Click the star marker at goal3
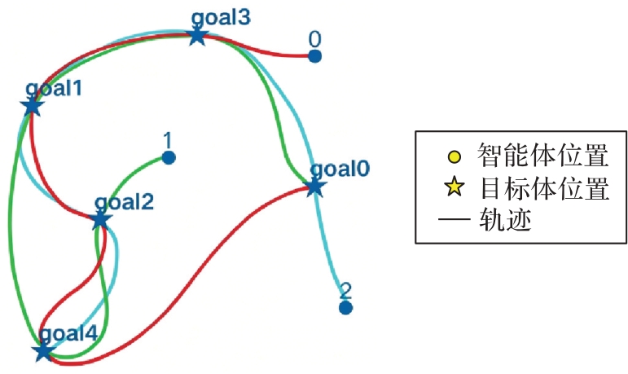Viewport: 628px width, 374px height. (x=197, y=36)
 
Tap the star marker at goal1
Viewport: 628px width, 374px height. (x=32, y=106)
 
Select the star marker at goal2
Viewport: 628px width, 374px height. (x=99, y=220)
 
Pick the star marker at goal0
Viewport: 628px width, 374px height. (x=314, y=187)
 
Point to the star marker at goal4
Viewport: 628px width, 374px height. (x=43, y=350)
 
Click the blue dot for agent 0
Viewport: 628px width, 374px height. (x=314, y=56)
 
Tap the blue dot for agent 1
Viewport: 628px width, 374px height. (x=169, y=157)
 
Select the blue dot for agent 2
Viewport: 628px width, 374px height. (x=345, y=308)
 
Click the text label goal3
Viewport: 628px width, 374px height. (x=221, y=18)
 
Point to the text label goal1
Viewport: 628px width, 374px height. (x=54, y=88)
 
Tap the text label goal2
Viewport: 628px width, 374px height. (x=124, y=202)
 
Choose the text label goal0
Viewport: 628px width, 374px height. (x=340, y=169)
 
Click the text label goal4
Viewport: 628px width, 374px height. (x=69, y=333)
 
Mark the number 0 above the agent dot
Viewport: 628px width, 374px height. (x=314, y=39)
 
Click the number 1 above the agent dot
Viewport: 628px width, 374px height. (x=168, y=140)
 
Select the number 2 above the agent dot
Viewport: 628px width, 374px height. (x=345, y=291)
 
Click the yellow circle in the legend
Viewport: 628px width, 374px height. (x=455, y=156)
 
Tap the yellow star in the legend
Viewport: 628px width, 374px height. (x=455, y=187)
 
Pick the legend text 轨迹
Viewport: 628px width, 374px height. (x=505, y=220)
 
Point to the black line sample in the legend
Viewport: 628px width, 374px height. (x=455, y=220)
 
